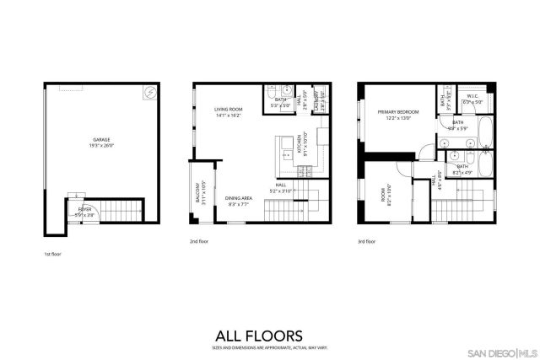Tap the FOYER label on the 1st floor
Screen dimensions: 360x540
[x=84, y=211]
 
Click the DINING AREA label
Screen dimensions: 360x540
[x=239, y=201]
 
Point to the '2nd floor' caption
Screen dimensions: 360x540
[x=199, y=240]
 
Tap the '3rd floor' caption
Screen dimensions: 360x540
[x=365, y=240]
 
